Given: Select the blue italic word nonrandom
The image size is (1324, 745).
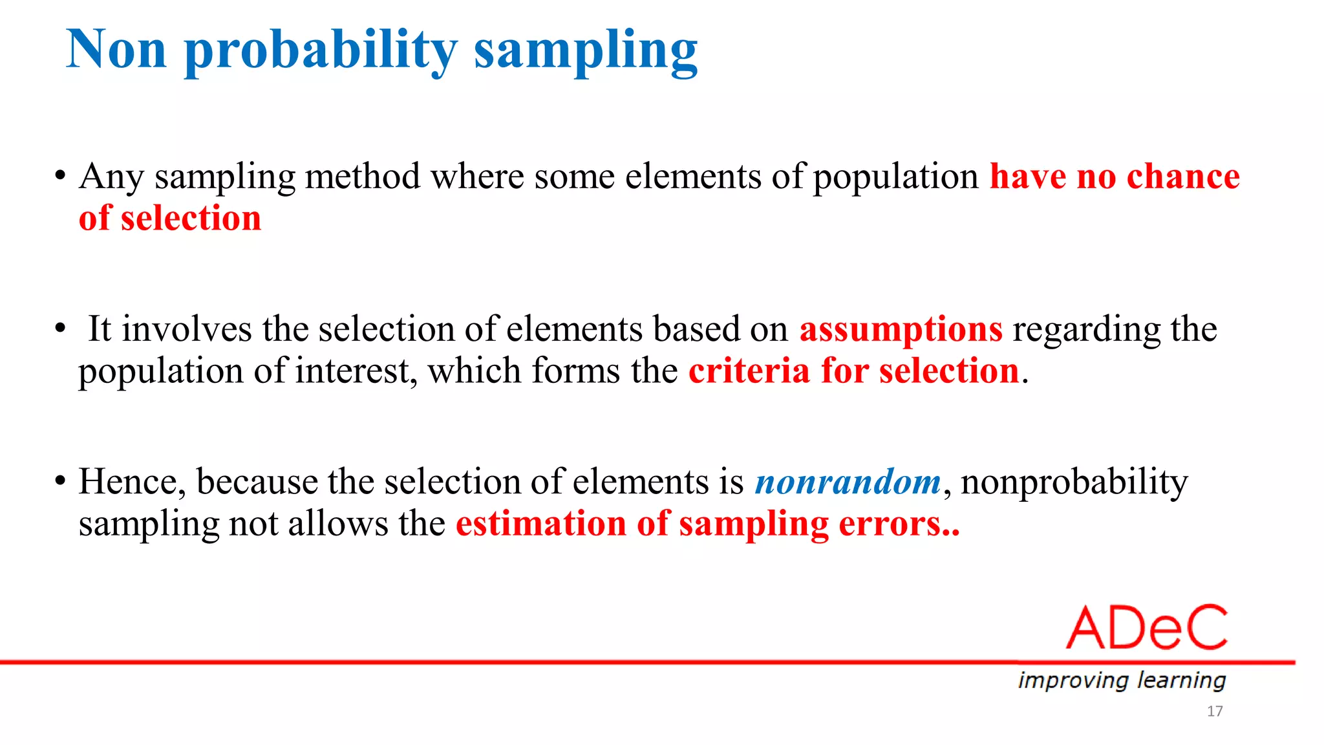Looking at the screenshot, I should [848, 482].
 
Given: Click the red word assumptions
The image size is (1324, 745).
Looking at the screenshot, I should [901, 330].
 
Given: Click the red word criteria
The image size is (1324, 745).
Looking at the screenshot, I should [749, 371].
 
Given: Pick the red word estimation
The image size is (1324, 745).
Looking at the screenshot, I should [541, 524].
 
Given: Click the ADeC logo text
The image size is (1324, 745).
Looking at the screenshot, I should [1147, 628].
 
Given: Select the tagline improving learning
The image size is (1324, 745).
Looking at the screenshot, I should [1122, 680].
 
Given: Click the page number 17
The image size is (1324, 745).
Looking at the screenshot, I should [1214, 711].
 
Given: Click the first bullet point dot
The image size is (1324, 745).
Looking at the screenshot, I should [60, 176].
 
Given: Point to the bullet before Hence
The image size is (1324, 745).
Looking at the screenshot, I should [60, 482].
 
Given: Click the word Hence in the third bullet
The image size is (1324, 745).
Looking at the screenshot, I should [131, 482].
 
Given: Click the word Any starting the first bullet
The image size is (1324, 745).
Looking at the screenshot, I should [111, 177].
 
